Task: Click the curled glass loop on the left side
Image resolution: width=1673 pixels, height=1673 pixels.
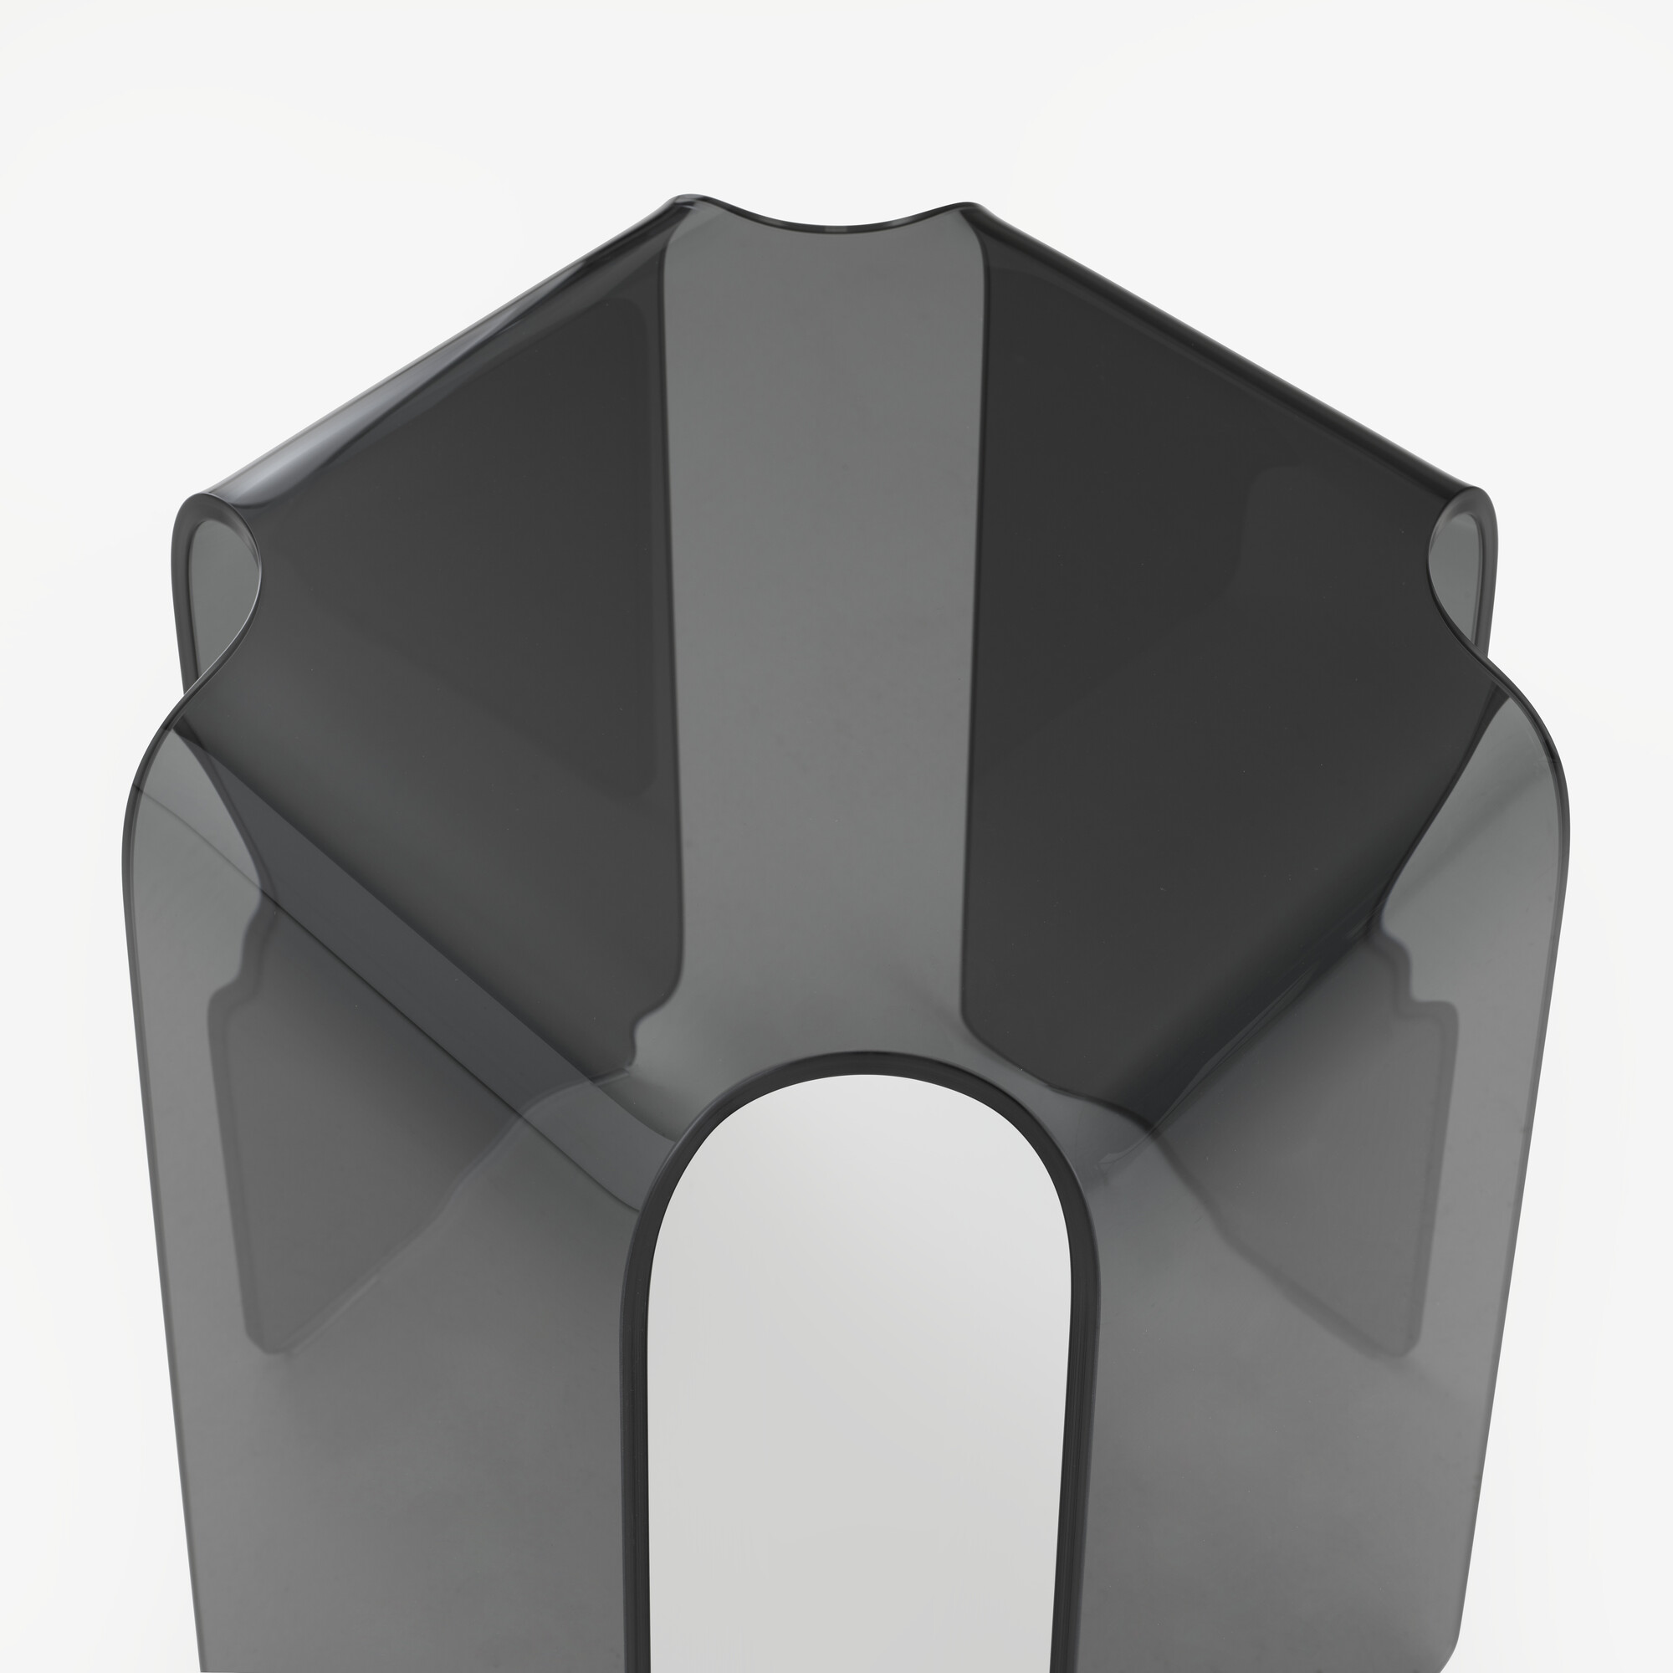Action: (217, 555)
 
